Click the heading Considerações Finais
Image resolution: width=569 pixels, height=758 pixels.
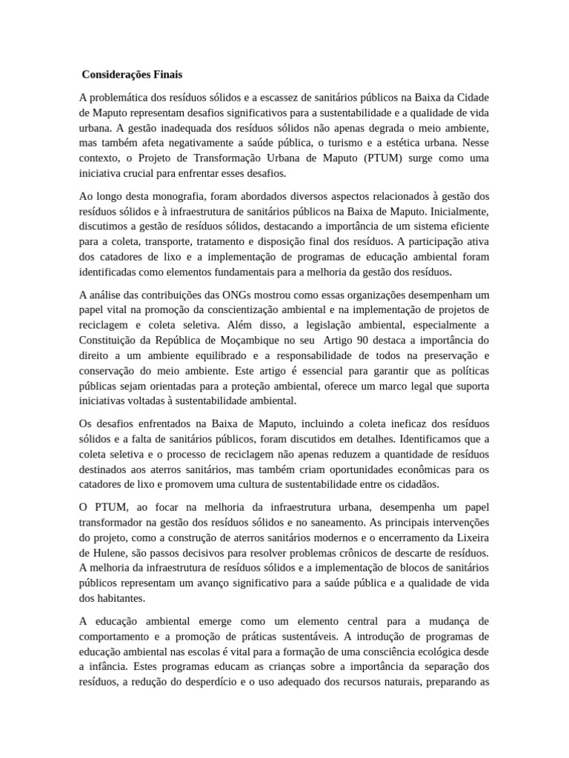pos(132,75)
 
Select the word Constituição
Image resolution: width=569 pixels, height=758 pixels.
pos(108,340)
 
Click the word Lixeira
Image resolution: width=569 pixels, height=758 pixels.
pos(469,537)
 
